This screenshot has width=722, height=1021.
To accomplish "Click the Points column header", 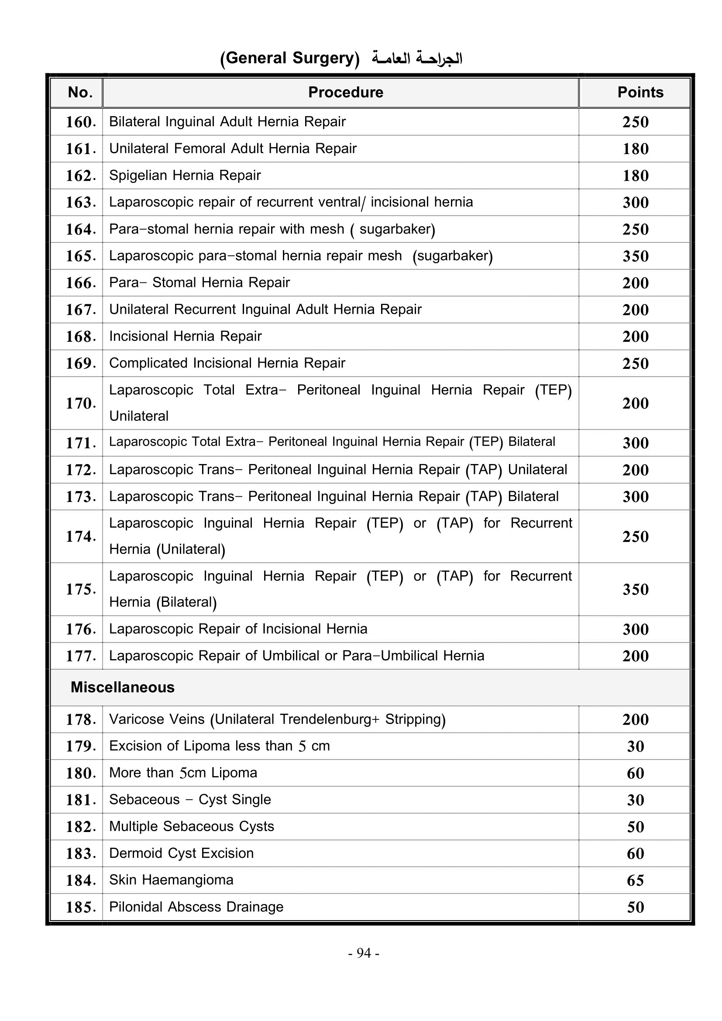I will [640, 92].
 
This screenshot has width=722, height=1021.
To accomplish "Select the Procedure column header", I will [345, 92].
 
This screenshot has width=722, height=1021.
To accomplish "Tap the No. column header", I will [80, 92].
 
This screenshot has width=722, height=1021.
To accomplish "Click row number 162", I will [80, 175].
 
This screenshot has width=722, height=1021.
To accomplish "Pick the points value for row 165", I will [635, 256].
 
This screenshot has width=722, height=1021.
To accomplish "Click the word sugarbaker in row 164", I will [395, 229].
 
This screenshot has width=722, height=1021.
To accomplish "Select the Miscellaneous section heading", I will [122, 688].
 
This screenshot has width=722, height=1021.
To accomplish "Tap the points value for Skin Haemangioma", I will [635, 880].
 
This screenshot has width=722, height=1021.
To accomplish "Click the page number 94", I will [364, 953].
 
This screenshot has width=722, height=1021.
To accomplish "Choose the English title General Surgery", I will [289, 58].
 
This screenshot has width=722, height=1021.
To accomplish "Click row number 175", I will [80, 589].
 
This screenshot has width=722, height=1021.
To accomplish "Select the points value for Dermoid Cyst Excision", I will [635, 853].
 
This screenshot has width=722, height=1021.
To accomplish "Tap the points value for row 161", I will [635, 149].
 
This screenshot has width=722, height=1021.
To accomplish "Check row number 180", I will [80, 773].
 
